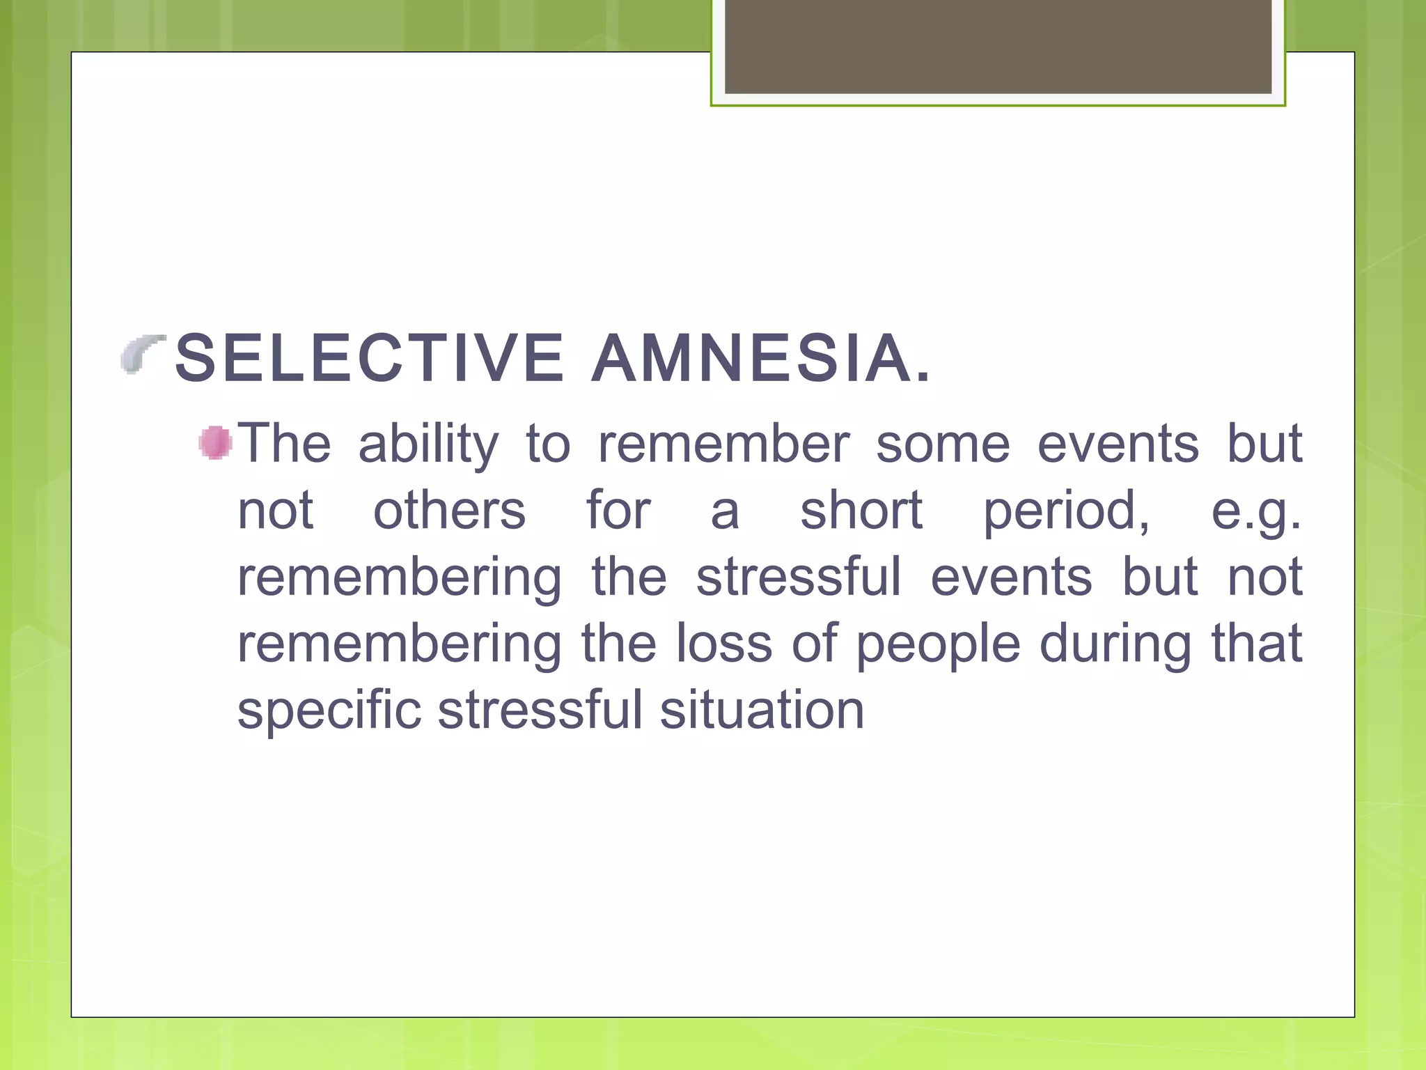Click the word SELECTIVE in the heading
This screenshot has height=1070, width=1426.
(x=369, y=359)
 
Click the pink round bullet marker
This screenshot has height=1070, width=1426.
(x=215, y=443)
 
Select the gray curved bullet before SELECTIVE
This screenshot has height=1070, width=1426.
(x=141, y=353)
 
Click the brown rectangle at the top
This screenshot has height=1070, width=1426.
(x=998, y=47)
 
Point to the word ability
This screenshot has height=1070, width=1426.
(x=428, y=444)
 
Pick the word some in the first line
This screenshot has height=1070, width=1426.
(x=942, y=444)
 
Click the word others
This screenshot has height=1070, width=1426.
(x=449, y=511)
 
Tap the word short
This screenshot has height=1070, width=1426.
(x=861, y=511)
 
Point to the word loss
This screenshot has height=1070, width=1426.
(x=723, y=644)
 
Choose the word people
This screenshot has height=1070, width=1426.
(x=937, y=645)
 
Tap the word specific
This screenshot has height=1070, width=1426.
(x=329, y=711)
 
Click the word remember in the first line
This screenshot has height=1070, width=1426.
(x=723, y=444)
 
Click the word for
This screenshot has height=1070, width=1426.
(x=618, y=511)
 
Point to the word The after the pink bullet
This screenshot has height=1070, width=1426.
(x=285, y=444)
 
